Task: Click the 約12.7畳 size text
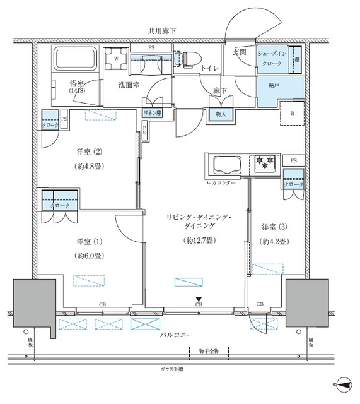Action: coord(197,241)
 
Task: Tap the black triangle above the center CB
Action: coord(199,300)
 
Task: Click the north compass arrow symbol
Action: coord(344,382)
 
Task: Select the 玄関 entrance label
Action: coord(240,51)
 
